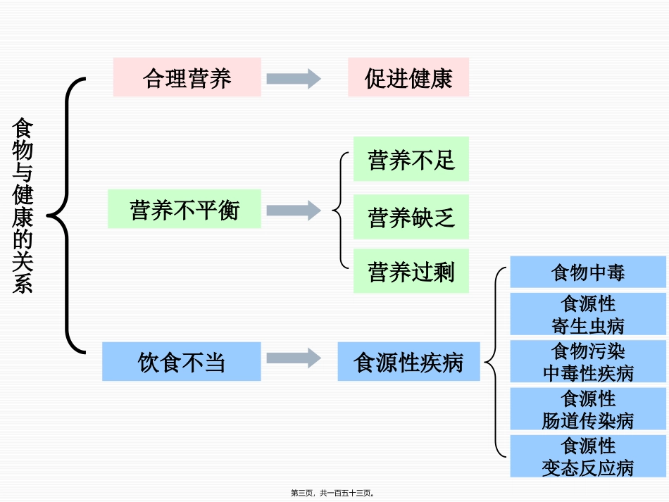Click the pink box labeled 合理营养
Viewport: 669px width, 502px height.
[x=187, y=77]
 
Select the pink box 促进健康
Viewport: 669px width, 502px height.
[x=408, y=77]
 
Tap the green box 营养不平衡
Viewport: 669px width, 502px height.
[x=185, y=209]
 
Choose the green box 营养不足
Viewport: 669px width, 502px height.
[x=411, y=159]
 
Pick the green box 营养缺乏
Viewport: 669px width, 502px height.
[x=411, y=217]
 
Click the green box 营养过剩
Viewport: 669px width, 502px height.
[x=411, y=271]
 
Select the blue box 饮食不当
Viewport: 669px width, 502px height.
[x=182, y=362]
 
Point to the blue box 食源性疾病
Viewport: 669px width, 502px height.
[x=408, y=362]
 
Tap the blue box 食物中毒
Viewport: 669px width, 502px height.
[x=588, y=272]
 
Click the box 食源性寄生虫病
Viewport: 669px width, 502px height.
[x=588, y=314]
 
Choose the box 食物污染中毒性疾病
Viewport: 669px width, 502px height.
[x=588, y=361]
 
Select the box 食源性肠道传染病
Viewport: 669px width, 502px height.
[x=588, y=409]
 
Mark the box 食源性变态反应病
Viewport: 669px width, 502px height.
[x=588, y=456]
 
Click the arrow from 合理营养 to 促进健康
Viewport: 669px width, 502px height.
[x=294, y=78]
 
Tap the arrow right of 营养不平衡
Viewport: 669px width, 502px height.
[x=294, y=210]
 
